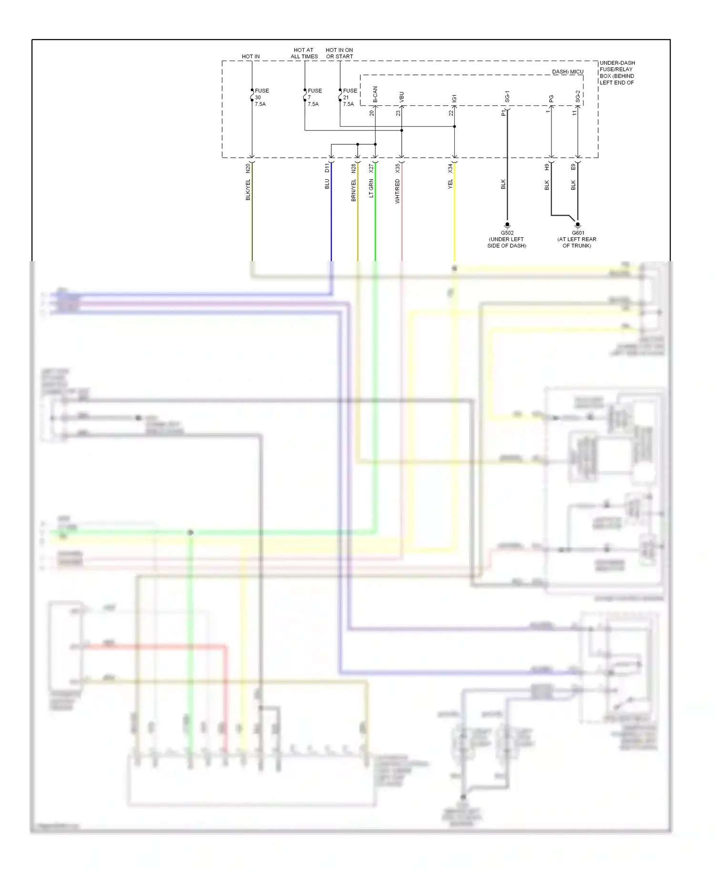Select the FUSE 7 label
[314, 97]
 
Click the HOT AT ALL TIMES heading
[304, 53]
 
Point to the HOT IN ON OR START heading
[339, 53]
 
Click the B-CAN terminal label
[375, 95]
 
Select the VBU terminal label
[401, 97]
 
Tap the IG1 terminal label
[454, 98]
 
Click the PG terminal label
[552, 99]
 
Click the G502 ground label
[507, 233]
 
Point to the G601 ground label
[578, 233]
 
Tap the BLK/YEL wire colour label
[248, 190]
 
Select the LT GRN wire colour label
[371, 188]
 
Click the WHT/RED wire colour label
[398, 191]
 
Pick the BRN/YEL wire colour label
[354, 190]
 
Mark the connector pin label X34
[450, 168]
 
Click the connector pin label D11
[327, 168]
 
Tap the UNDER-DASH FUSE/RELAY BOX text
[617, 72]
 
